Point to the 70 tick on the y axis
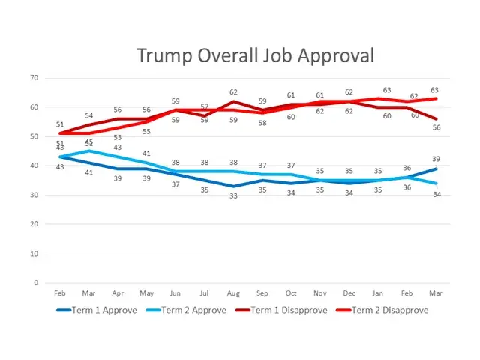coord(34,78)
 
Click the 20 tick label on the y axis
coord(34,224)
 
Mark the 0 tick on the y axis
coord(36,283)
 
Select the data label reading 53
coord(118,137)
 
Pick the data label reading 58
coord(262,122)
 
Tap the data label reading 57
coord(205,106)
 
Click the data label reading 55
coord(146,131)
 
